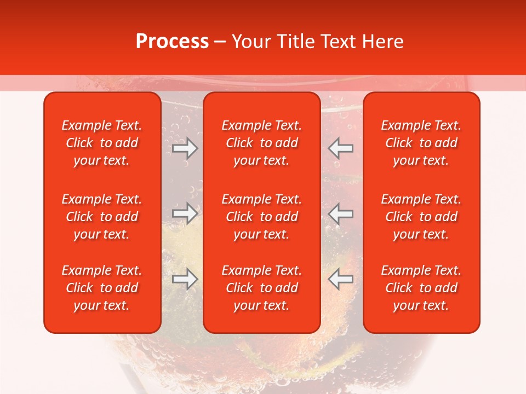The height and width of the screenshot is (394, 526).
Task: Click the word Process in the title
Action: tap(172, 42)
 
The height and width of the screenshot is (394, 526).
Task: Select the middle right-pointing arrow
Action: tap(185, 213)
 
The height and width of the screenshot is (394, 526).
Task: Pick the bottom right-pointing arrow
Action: tap(185, 279)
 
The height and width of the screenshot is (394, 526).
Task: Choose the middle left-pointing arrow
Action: tap(341, 213)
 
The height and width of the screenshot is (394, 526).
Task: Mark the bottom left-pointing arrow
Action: tap(341, 279)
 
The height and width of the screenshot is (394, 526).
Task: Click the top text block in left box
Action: tap(102, 143)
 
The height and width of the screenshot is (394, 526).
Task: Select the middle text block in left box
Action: tap(102, 217)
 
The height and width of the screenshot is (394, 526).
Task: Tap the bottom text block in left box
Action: tap(102, 288)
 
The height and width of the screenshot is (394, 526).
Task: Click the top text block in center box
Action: tap(262, 143)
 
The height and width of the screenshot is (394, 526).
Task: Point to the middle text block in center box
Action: tap(262, 217)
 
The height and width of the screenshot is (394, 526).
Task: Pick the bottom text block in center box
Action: tap(262, 288)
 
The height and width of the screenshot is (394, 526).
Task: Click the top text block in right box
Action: tap(421, 143)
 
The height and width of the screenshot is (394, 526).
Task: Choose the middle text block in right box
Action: tap(421, 217)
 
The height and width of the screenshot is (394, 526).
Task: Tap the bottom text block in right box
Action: tap(421, 288)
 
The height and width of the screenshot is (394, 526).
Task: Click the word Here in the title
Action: tap(384, 42)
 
